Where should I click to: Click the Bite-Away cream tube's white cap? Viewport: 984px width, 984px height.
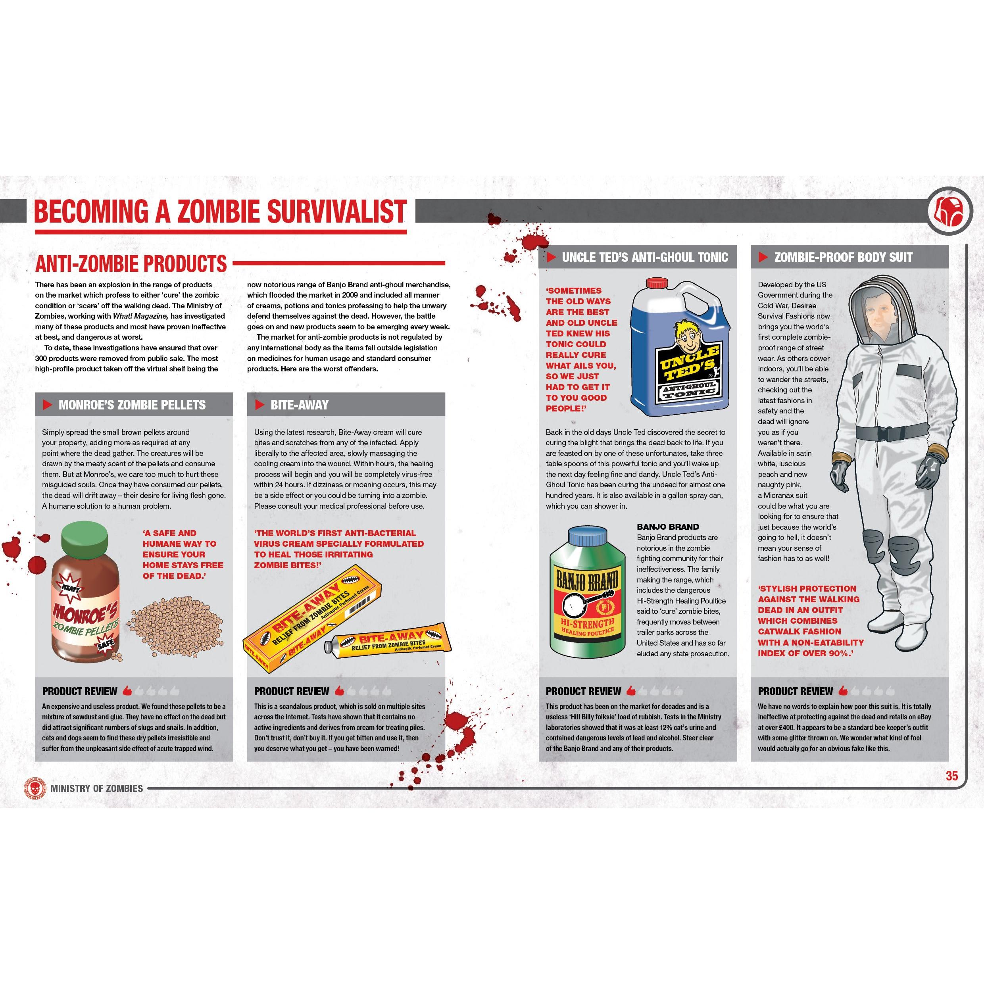(x=329, y=647)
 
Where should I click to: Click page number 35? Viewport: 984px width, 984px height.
(x=951, y=776)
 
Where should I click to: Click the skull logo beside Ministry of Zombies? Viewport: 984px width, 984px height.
(x=32, y=788)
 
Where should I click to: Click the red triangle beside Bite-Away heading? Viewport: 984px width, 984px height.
(x=260, y=405)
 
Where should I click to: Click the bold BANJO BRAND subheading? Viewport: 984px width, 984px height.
(x=668, y=527)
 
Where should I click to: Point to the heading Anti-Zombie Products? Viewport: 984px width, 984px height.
(x=131, y=264)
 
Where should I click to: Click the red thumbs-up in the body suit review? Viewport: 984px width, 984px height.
(x=843, y=691)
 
